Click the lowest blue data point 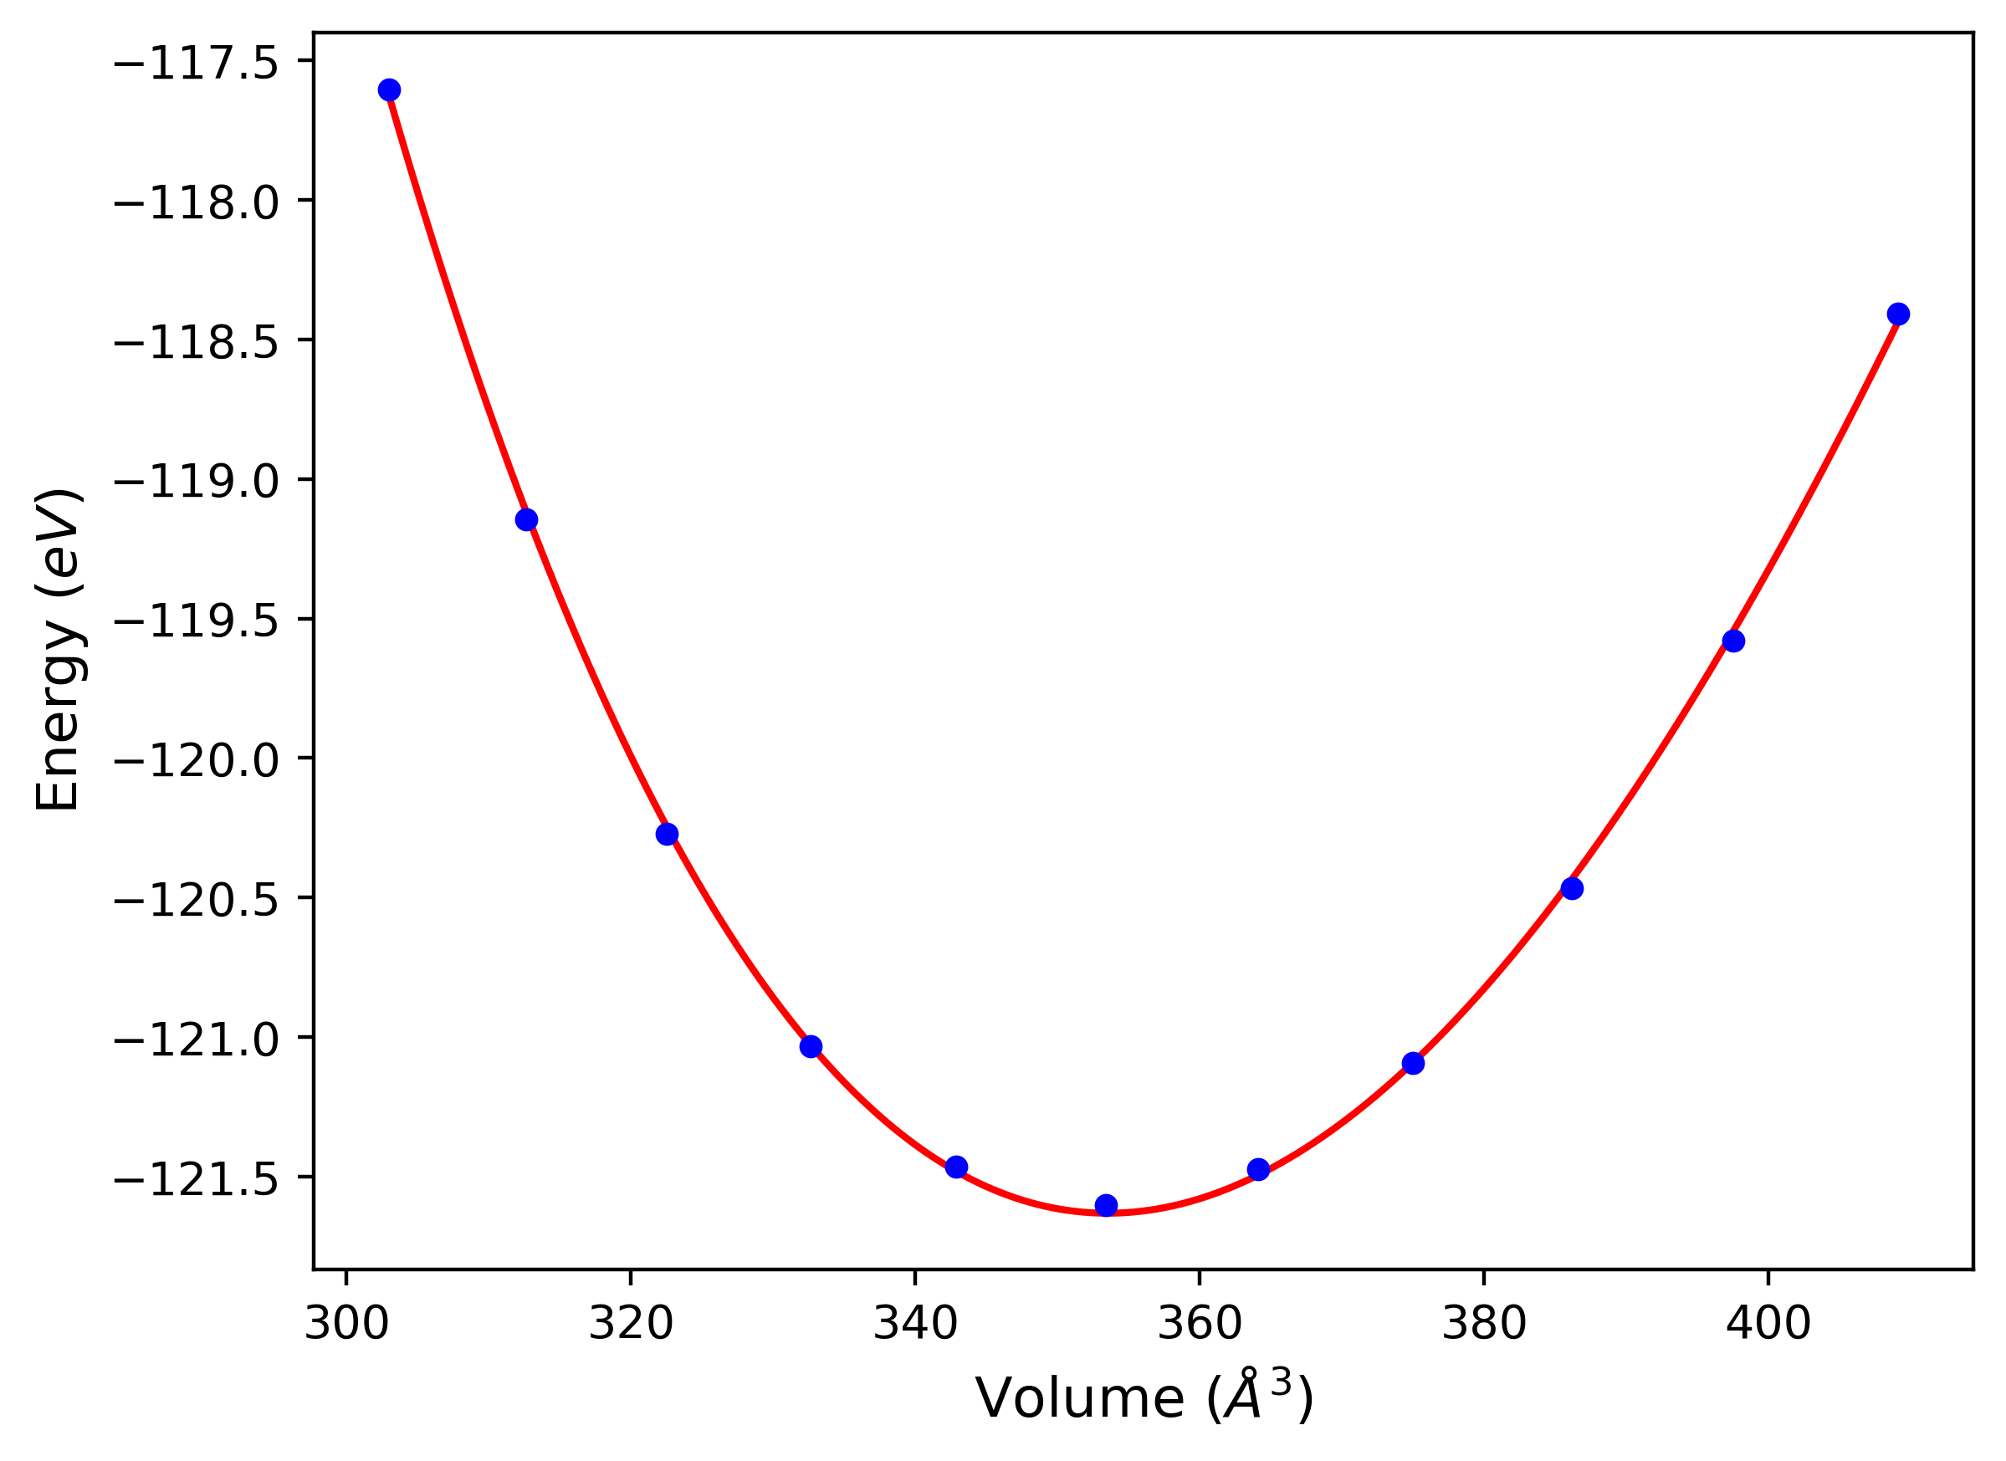pyautogui.click(x=1107, y=1205)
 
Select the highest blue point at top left pyautogui.click(x=389, y=90)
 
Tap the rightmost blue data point pyautogui.click(x=1898, y=314)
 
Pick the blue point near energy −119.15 pyautogui.click(x=526, y=519)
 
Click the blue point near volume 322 pyautogui.click(x=667, y=834)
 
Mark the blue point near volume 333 pyautogui.click(x=811, y=1046)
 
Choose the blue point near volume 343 pyautogui.click(x=956, y=1167)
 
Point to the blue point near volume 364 pyautogui.click(x=1259, y=1169)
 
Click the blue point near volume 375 pyautogui.click(x=1414, y=1063)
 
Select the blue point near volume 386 pyautogui.click(x=1572, y=889)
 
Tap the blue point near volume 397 pyautogui.click(x=1733, y=641)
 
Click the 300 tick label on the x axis pyautogui.click(x=345, y=1324)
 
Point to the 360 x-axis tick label pyautogui.click(x=1200, y=1324)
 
